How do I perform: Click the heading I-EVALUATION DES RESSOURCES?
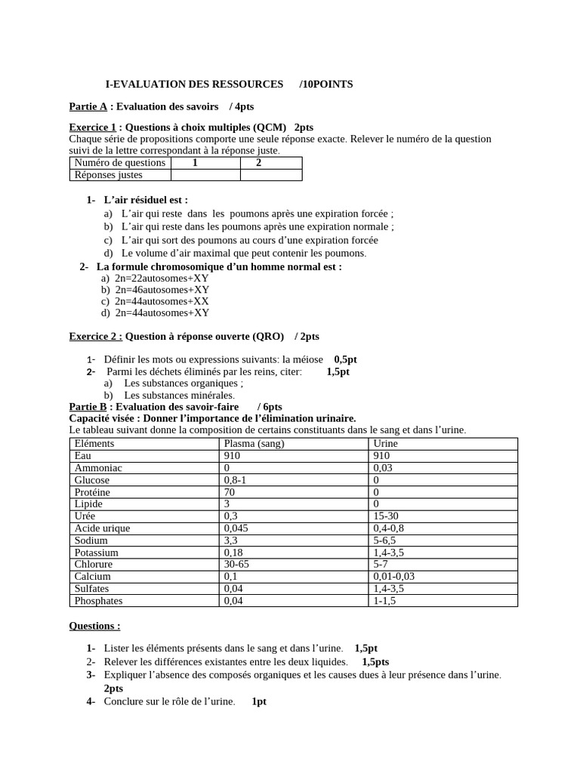pyautogui.click(x=194, y=84)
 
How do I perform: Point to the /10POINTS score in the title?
pyautogui.click(x=325, y=84)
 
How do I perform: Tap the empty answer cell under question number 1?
pyautogui.click(x=205, y=175)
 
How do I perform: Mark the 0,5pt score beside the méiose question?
pyautogui.click(x=345, y=359)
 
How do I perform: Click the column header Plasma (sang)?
pyautogui.click(x=254, y=444)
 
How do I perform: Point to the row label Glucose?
pyautogui.click(x=92, y=480)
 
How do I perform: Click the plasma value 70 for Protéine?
pyautogui.click(x=230, y=492)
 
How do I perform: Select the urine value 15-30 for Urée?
pyautogui.click(x=386, y=516)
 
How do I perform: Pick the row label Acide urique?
pyautogui.click(x=102, y=528)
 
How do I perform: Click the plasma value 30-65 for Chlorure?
pyautogui.click(x=236, y=565)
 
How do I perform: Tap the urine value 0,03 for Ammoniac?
pyautogui.click(x=383, y=468)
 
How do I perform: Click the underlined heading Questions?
pyautogui.click(x=94, y=626)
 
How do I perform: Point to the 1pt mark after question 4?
pyautogui.click(x=259, y=701)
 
